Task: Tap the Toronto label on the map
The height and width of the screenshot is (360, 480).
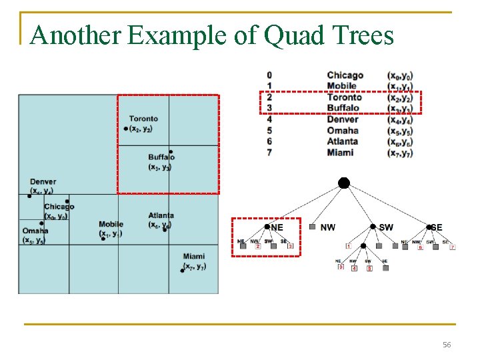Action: tap(143, 119)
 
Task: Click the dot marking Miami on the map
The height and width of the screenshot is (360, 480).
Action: tap(183, 270)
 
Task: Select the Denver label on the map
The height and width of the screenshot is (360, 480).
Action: tap(43, 181)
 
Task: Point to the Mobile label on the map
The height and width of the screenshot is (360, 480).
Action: tap(111, 224)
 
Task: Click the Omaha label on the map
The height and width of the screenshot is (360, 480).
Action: tap(35, 231)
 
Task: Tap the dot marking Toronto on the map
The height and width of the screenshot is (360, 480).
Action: tap(125, 128)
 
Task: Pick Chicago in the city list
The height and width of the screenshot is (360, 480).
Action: tap(345, 75)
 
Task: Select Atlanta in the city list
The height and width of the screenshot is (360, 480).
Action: tap(342, 141)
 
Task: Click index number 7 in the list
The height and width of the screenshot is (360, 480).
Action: tap(269, 153)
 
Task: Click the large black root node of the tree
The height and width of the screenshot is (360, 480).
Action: tap(343, 183)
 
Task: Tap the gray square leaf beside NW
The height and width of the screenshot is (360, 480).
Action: tap(311, 227)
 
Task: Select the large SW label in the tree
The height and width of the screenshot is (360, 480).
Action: tap(385, 227)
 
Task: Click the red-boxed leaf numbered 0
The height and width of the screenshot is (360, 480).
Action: tap(341, 267)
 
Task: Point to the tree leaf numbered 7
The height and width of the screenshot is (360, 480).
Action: tap(453, 247)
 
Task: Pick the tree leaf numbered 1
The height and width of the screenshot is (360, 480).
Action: tap(348, 247)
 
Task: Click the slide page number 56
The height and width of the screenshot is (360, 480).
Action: tap(447, 345)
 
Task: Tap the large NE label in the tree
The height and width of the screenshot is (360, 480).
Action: tap(277, 227)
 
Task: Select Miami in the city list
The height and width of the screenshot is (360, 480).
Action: tap(340, 153)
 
